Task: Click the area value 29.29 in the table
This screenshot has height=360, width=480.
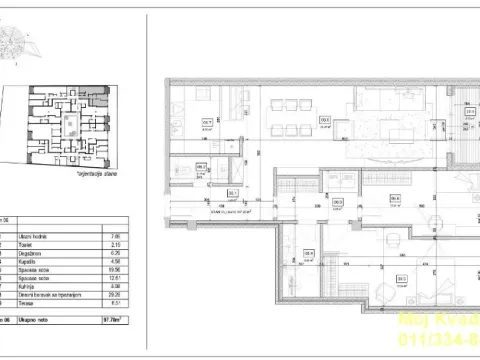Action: pyautogui.click(x=113, y=295)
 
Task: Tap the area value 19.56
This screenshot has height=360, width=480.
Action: pyautogui.click(x=113, y=271)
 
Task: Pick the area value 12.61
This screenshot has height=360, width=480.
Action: pyautogui.click(x=113, y=279)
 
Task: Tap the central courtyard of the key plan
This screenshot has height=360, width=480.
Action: pyautogui.click(x=67, y=125)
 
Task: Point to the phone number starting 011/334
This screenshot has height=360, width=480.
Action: pyautogui.click(x=445, y=340)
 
